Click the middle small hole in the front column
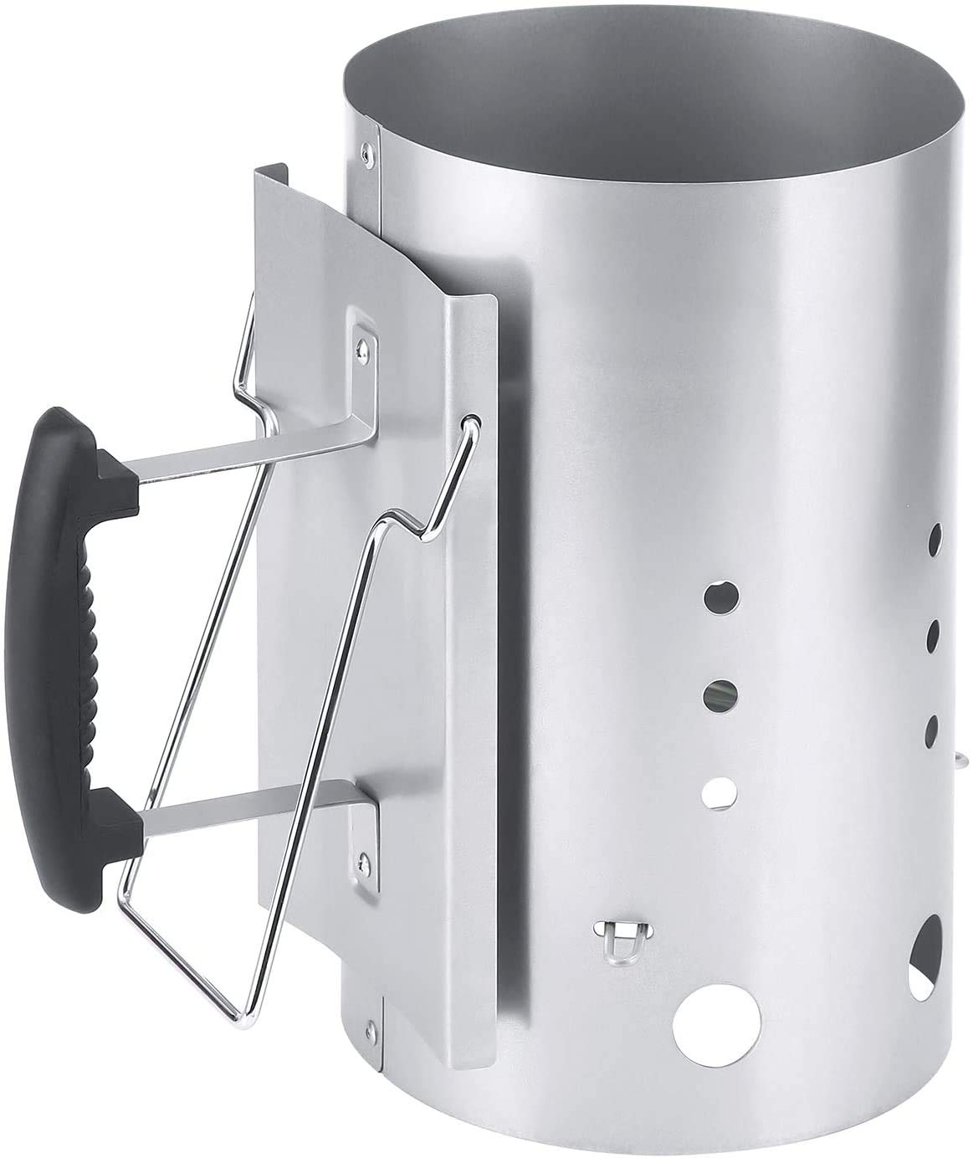720,692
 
